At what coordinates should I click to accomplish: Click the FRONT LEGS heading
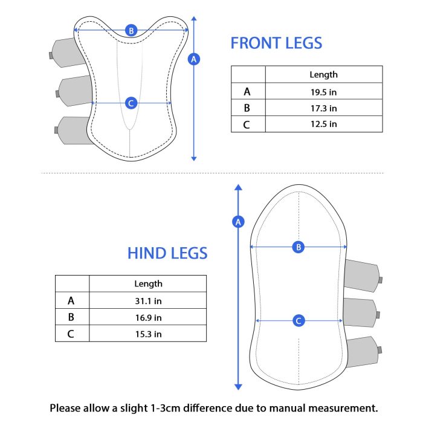[x=276, y=43]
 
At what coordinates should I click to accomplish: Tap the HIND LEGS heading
[x=167, y=253]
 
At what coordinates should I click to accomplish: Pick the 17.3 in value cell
[x=323, y=108]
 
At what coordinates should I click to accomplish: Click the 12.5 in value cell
[x=323, y=124]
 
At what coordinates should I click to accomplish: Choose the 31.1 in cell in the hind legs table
[x=149, y=301]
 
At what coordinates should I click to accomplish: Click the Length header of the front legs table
[x=323, y=75]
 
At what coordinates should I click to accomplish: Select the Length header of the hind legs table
[x=149, y=284]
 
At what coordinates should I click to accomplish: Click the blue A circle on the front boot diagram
[x=194, y=59]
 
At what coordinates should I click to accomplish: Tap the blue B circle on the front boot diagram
[x=131, y=30]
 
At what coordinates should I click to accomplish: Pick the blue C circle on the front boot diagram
[x=131, y=103]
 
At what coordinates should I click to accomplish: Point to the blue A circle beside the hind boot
[x=238, y=222]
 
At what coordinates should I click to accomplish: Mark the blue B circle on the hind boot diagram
[x=299, y=247]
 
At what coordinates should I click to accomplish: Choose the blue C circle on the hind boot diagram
[x=299, y=321]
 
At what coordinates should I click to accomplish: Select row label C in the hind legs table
[x=71, y=334]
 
